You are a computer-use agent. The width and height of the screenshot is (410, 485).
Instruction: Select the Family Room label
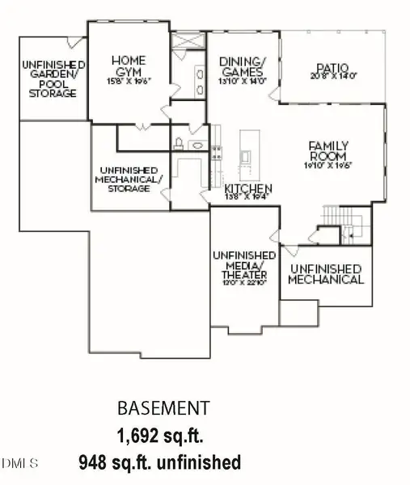tap(328, 150)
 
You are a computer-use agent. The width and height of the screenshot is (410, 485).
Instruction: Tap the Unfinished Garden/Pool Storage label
tap(49, 78)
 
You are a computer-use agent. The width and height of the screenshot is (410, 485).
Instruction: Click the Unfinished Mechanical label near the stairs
tap(326, 274)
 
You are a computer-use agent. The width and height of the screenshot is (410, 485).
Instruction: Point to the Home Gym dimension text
tap(129, 81)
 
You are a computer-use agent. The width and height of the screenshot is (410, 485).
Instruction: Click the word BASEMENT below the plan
tap(164, 407)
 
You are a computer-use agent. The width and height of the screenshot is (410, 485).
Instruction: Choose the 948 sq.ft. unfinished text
tap(159, 463)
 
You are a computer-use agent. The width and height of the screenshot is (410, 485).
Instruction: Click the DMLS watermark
tap(19, 463)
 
